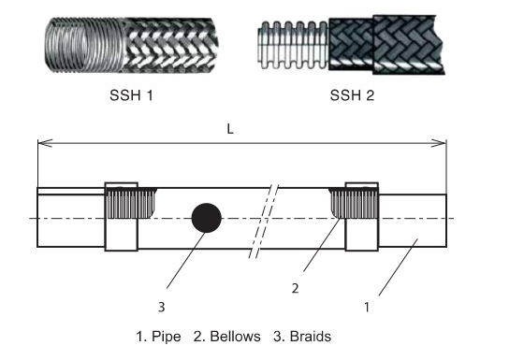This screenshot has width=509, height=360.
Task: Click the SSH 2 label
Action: [351, 95]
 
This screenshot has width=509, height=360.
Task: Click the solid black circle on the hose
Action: [206, 218]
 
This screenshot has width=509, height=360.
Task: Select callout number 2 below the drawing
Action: [295, 289]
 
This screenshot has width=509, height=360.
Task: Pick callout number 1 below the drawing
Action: [367, 305]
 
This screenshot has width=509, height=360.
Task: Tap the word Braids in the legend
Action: [312, 335]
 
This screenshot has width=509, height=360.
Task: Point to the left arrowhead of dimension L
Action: [41, 143]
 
